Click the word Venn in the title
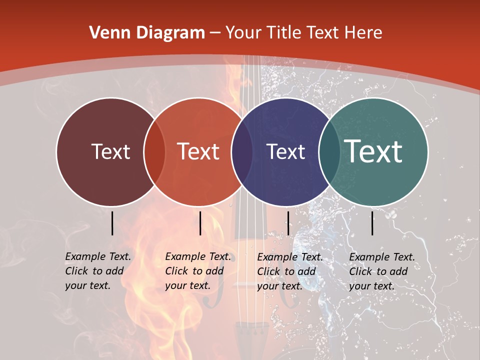click(x=109, y=33)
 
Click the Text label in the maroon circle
click(x=110, y=151)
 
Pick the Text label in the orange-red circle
click(x=198, y=151)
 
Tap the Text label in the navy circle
click(x=285, y=151)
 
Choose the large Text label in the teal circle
click(x=373, y=151)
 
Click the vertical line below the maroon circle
click(x=112, y=223)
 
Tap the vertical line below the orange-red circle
click(x=200, y=223)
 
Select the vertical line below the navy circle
click(x=288, y=223)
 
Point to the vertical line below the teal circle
click(x=372, y=223)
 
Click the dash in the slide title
click(x=215, y=33)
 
